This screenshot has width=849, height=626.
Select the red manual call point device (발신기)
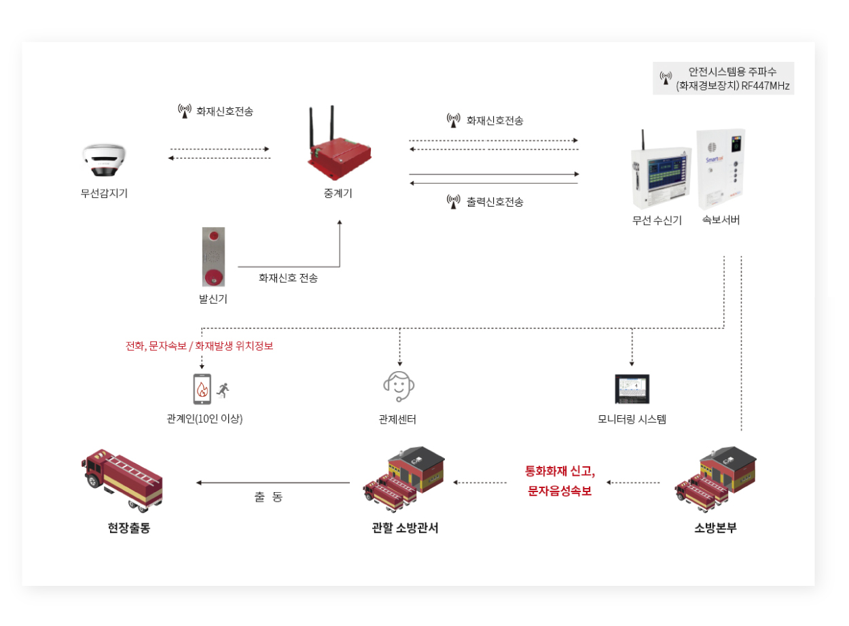pos(214,256)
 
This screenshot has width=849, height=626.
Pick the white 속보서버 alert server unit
pos(721,169)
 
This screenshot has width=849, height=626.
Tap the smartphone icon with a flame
pos(201,389)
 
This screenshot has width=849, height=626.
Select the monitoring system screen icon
pos(632,389)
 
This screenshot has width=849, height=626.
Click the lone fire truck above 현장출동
pos(122,479)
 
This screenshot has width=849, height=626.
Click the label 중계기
pos(338,193)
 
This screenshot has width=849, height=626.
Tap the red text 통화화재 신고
pos(560,470)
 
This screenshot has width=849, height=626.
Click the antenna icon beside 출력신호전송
pos(453,202)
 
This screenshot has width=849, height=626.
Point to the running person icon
pos(223,389)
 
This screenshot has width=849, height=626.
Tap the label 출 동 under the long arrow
pos(268,497)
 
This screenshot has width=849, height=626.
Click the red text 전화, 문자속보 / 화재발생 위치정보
pos(200,345)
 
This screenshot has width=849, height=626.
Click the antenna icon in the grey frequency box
pos(666,78)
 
